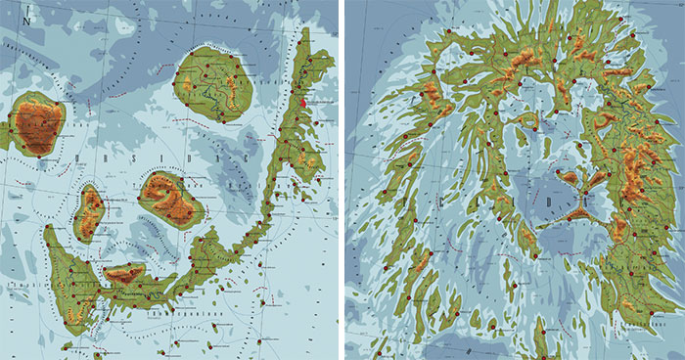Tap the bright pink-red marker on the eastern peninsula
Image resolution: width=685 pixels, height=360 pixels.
pos(304,101)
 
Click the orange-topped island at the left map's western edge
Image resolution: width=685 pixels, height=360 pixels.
pos(37,124)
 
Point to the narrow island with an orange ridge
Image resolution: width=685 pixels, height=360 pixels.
pos(90,210)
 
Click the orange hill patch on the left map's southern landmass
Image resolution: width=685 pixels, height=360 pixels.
pos(125,274)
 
